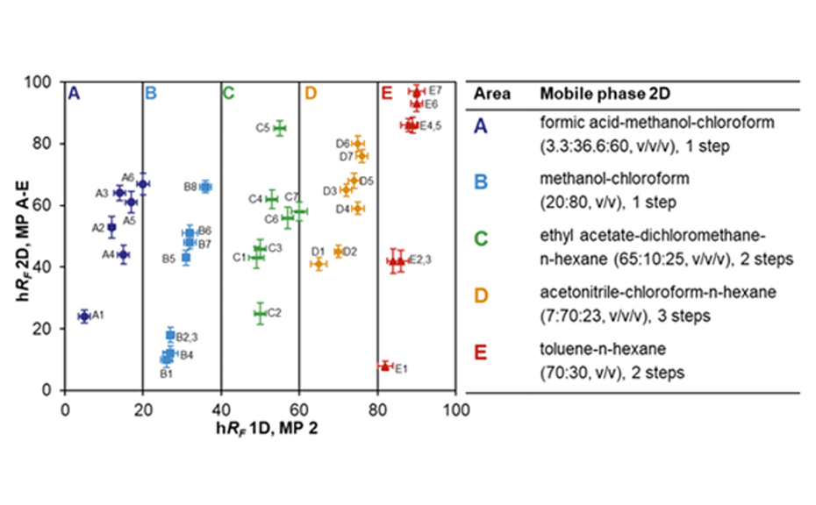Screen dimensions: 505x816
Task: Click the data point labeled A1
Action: [x=84, y=316]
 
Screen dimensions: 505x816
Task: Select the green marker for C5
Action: [x=280, y=128]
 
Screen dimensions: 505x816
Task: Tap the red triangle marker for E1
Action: [x=384, y=366]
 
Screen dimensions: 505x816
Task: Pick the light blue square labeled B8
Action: [x=205, y=187]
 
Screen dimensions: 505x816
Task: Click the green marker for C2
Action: [x=260, y=313]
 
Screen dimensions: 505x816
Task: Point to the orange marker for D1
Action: [x=319, y=264]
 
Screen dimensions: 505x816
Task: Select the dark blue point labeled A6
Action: [x=142, y=183]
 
